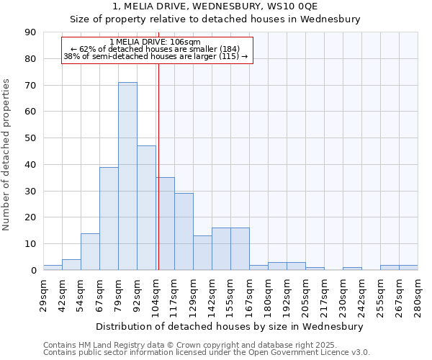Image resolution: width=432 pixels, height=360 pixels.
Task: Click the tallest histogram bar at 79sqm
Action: pos(127,176)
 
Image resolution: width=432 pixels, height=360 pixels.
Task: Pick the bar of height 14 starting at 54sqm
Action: pos(90,251)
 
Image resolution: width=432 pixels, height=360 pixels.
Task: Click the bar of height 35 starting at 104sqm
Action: pos(166,224)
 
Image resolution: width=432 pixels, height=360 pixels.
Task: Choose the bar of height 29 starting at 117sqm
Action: pos(184,232)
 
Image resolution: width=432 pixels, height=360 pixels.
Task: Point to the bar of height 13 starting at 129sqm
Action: pos(202,253)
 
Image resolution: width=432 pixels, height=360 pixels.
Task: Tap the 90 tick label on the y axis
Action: pos(30,32)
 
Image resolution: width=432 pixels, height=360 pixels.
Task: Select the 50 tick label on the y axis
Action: pos(30,138)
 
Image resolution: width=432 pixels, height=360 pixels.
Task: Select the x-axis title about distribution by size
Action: pos(230,326)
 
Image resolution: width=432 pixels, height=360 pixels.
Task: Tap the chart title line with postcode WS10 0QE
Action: pos(215,6)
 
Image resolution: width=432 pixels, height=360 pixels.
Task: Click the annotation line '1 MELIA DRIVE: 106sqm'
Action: pos(156,42)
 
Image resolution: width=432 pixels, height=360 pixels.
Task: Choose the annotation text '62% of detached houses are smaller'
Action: pos(156,49)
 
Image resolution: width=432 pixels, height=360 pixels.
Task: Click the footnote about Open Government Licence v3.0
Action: pos(207,353)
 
